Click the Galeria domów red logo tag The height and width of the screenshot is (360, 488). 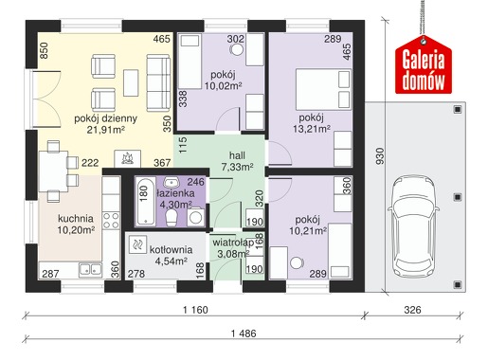424,64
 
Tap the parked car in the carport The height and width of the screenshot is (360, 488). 413,226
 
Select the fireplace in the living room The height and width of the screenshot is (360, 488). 127,158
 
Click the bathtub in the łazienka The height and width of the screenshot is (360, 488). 145,201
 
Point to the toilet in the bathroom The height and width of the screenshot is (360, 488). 172,218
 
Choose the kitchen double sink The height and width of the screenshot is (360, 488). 90,269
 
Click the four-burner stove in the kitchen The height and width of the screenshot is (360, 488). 111,221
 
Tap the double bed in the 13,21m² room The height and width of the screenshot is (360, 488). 323,89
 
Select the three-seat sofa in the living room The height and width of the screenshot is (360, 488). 158,82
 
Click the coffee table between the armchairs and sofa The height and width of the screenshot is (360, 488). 131,82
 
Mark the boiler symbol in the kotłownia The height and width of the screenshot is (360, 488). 137,244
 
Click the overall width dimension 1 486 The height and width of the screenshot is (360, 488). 244,333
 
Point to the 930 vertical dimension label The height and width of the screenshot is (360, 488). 381,155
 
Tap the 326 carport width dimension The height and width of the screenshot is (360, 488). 412,310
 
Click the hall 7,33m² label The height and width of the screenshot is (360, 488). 237,161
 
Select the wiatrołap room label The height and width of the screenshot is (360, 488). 233,243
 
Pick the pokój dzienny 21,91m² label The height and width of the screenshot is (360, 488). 106,124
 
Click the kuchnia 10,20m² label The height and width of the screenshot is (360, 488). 76,225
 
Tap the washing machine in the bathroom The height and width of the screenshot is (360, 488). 195,216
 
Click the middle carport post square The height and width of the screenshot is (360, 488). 458,197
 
